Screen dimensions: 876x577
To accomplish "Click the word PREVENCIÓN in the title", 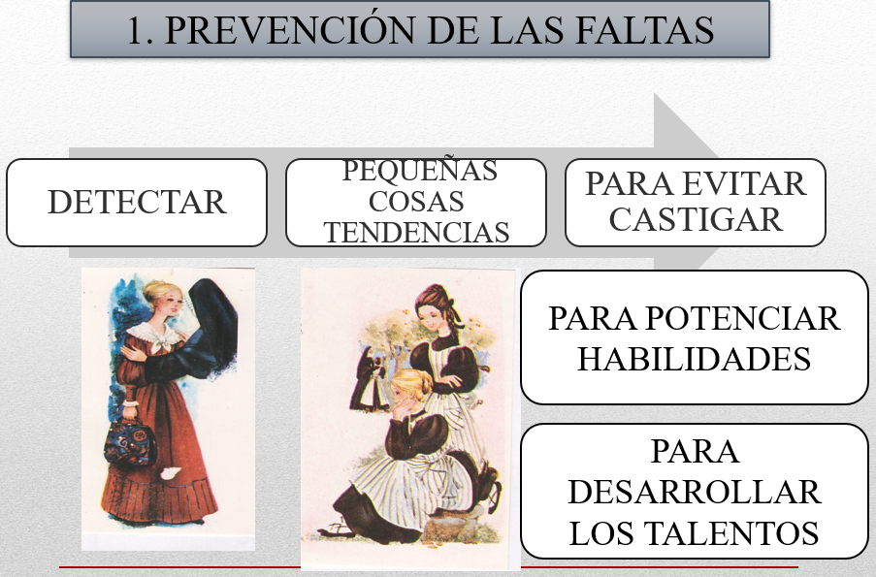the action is pyautogui.click(x=289, y=29).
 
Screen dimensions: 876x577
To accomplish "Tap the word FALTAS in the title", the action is pyautogui.click(x=644, y=30).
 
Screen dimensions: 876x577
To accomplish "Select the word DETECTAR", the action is pyautogui.click(x=137, y=202).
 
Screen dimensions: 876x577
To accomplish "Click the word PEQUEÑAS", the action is pyautogui.click(x=419, y=171).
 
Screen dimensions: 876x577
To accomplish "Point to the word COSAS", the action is pyautogui.click(x=416, y=201).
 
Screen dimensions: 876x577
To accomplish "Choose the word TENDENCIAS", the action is pyautogui.click(x=416, y=232).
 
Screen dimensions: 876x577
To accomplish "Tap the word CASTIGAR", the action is pyautogui.click(x=696, y=219).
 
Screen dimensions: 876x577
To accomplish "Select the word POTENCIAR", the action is pyautogui.click(x=742, y=318).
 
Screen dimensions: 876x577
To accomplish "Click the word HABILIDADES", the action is pyautogui.click(x=694, y=359).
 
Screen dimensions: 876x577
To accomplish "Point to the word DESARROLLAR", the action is pyautogui.click(x=695, y=492).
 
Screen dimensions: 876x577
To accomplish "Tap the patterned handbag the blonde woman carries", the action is pyautogui.click(x=130, y=441).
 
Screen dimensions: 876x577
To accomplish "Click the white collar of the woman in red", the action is pyautogui.click(x=155, y=336).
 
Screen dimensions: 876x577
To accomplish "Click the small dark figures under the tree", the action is pyautogui.click(x=369, y=380).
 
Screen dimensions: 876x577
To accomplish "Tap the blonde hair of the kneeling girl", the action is pyautogui.click(x=411, y=385).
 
